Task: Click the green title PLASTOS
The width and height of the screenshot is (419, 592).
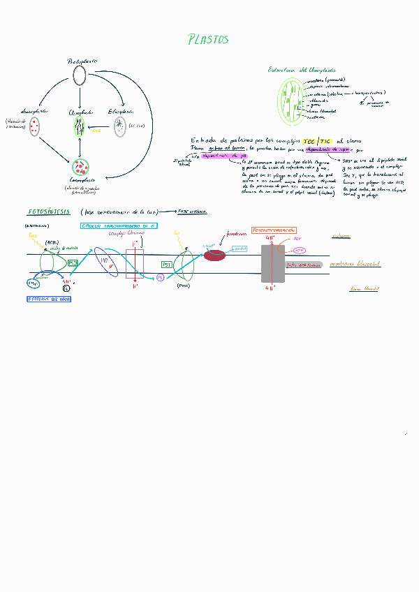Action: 208,40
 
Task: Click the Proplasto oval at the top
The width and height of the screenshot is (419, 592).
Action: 80,75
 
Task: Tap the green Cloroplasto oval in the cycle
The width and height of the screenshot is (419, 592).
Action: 80,127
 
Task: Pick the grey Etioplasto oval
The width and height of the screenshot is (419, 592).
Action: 121,127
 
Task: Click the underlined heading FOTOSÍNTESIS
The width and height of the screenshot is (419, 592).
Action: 48,212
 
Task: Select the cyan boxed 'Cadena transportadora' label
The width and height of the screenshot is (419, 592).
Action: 118,225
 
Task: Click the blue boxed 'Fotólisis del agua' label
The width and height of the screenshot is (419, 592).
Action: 49,299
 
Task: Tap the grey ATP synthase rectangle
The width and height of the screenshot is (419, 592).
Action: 272,262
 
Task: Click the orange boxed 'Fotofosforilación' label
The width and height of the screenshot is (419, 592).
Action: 273,230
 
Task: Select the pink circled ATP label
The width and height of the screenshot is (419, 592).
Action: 299,249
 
